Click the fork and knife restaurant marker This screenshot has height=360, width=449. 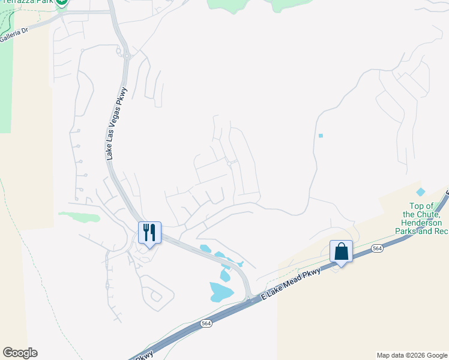tap(149, 232)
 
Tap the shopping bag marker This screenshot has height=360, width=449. tap(341, 251)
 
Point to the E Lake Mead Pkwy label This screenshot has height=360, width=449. tap(292, 284)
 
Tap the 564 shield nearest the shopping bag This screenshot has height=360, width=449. tap(377, 248)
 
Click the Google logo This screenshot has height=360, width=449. tap(20, 353)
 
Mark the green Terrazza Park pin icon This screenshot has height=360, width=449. tap(62, 3)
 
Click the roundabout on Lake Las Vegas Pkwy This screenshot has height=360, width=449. tap(127, 57)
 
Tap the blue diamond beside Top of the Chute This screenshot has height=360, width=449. tap(420, 192)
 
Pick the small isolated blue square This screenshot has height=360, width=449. tap(321, 136)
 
